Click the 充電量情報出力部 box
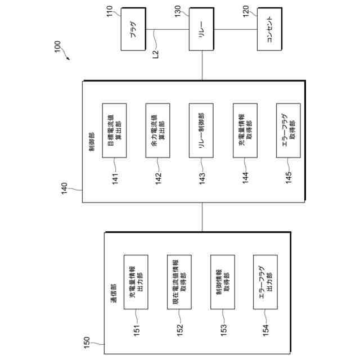(x=136, y=281)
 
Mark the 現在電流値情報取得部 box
(x=179, y=281)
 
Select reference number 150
(x=87, y=341)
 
